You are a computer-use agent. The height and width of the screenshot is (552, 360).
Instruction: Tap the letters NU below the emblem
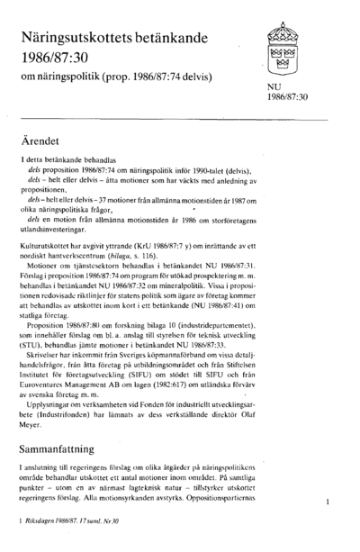click(x=272, y=86)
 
